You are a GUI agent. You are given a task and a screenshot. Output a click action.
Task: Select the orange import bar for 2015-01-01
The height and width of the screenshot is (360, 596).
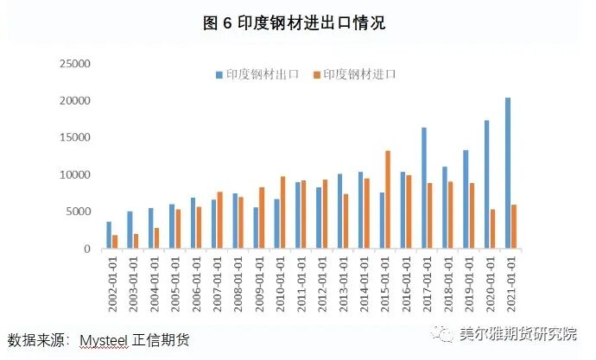[388, 199]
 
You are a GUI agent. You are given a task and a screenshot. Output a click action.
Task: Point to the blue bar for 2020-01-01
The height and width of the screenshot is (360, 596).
[486, 184]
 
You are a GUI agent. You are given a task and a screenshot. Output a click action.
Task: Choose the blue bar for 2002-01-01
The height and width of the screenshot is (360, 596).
[109, 235]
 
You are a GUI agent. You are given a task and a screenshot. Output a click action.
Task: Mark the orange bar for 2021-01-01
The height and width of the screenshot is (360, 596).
[514, 226]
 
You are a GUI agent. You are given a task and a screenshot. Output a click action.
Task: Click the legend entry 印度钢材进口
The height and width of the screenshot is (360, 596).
[360, 75]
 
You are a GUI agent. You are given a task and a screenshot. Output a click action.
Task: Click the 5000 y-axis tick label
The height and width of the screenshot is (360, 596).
[77, 212]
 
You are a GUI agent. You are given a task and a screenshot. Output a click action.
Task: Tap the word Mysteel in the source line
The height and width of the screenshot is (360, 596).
[103, 341]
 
